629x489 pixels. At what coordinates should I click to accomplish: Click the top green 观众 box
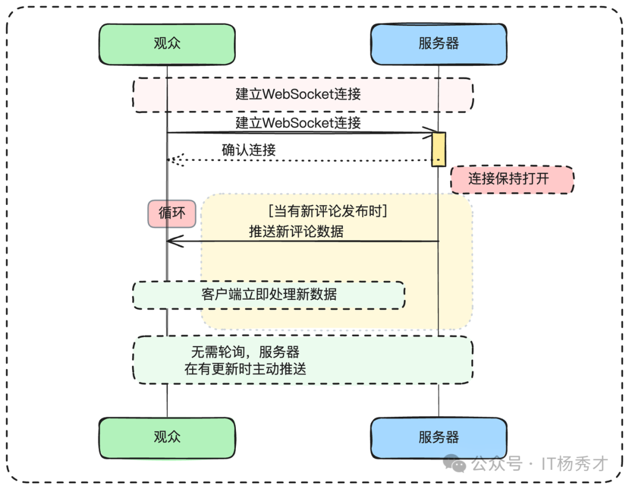[x=167, y=44]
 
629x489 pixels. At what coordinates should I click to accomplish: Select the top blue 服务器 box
[x=439, y=44]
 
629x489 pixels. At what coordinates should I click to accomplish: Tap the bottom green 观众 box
[x=167, y=438]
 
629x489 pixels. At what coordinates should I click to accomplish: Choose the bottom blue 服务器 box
[x=439, y=438]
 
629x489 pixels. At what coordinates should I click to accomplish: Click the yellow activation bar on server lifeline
[x=439, y=150]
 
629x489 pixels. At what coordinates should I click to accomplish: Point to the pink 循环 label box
[x=172, y=213]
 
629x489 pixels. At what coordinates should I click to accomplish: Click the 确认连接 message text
[x=249, y=150]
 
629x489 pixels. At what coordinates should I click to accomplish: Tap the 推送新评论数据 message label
[x=296, y=231]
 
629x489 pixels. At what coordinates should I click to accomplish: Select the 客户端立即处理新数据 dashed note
[x=268, y=295]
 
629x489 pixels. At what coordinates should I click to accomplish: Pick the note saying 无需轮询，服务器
[x=245, y=352]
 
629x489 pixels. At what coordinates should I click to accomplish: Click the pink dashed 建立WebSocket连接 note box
[x=302, y=94]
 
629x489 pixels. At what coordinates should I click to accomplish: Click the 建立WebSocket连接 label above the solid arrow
[x=298, y=123]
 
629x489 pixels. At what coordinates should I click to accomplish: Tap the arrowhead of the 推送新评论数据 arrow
[x=172, y=241]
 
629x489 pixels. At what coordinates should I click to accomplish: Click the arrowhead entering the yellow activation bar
[x=429, y=133]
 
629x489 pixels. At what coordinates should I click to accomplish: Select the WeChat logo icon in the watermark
[x=455, y=463]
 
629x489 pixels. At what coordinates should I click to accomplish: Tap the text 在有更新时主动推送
[x=245, y=368]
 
